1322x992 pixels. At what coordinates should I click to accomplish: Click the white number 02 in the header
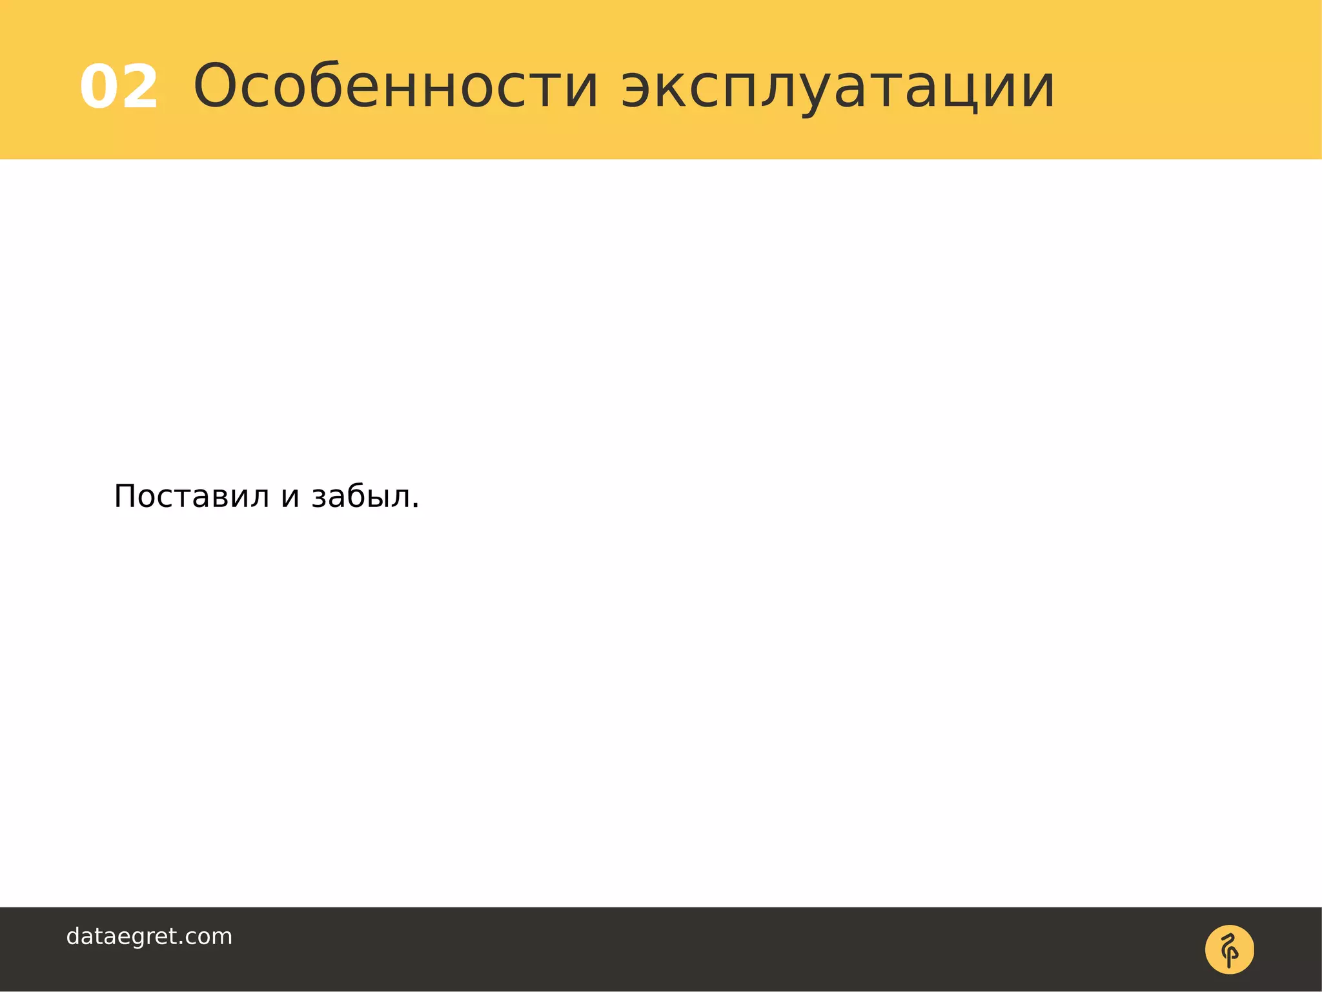point(119,87)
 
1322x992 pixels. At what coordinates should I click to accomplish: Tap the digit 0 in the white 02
point(100,87)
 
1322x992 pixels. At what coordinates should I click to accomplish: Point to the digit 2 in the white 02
point(139,87)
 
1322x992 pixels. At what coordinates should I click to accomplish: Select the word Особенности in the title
point(396,87)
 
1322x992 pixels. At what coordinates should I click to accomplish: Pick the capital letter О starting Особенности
point(219,85)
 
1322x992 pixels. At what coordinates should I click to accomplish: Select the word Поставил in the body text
point(191,497)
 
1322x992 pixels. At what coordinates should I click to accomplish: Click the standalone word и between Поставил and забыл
point(290,498)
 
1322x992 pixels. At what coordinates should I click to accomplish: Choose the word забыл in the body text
point(361,496)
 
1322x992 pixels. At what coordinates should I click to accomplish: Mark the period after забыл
point(415,506)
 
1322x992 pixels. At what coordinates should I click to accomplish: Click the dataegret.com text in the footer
point(149,936)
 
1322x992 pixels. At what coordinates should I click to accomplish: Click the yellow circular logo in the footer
point(1229,949)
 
